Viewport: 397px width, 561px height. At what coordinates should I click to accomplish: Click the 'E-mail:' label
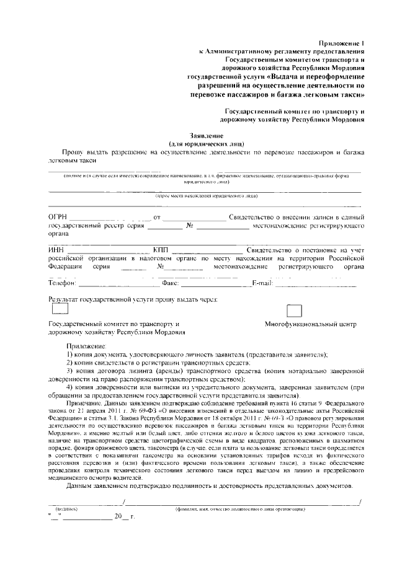coord(262,283)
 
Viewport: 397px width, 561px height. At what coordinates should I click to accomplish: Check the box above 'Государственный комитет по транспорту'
coord(60,309)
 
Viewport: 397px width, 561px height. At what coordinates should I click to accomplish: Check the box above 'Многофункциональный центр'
coord(294,311)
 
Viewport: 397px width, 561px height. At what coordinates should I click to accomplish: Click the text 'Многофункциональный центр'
coord(311,324)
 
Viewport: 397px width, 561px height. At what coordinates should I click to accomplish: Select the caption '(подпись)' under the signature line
coord(66,508)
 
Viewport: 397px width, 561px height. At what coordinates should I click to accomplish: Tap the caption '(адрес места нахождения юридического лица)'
coord(206,194)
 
